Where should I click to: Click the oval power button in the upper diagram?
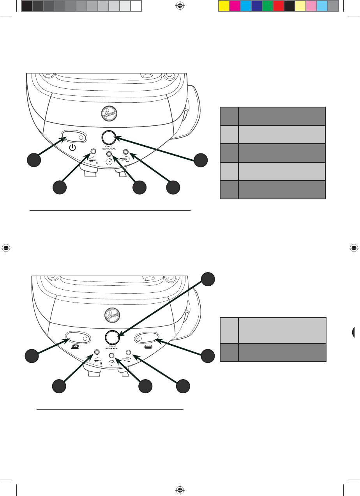(73, 137)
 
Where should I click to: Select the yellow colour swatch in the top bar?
(224, 5)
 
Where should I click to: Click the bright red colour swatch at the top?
(278, 5)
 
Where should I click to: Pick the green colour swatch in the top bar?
(267, 5)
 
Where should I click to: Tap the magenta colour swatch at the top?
(235, 5)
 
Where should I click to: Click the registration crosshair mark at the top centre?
(180, 5)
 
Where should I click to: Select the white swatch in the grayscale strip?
(136, 5)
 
